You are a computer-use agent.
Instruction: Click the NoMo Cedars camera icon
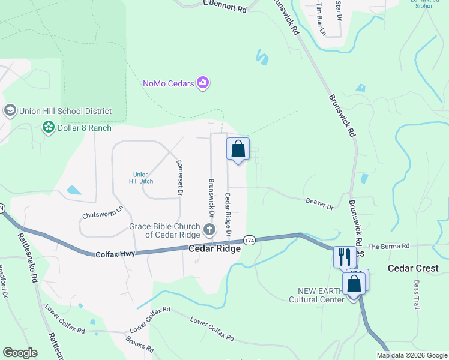click(203, 82)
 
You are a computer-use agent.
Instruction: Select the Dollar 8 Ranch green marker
click(47, 127)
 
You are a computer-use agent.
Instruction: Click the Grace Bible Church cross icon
click(209, 229)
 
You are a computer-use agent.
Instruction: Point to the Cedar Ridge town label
click(215, 248)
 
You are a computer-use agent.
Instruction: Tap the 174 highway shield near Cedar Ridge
click(250, 240)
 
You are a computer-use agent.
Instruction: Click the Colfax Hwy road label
click(116, 254)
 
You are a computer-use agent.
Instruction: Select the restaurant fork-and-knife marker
click(344, 257)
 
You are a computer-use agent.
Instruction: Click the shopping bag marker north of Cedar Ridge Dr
click(238, 149)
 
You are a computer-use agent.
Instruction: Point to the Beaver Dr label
click(319, 205)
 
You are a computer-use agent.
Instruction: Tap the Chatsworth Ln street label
click(103, 212)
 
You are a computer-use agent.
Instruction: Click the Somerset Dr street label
click(179, 177)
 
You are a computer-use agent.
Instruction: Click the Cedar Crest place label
click(413, 268)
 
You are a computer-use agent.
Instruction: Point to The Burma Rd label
click(388, 247)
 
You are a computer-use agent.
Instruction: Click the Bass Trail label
click(416, 294)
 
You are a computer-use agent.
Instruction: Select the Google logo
click(20, 353)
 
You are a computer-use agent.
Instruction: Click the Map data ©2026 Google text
click(412, 355)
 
